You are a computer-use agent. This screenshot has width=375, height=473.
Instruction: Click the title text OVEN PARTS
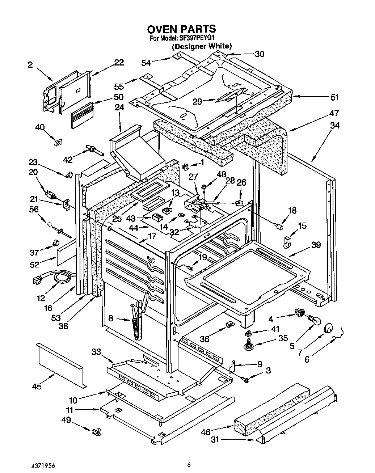181,29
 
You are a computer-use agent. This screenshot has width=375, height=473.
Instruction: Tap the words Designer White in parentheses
202,46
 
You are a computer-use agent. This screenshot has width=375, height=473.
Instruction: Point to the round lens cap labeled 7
329,328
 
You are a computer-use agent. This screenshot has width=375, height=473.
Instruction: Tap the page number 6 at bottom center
189,465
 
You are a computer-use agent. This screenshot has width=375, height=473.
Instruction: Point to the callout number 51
335,97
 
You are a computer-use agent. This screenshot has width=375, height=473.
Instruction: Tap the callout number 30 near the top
259,54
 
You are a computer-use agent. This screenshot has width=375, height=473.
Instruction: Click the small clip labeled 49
97,431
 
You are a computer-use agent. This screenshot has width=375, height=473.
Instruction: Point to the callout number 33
96,351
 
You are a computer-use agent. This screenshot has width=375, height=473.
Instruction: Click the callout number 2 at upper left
30,65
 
